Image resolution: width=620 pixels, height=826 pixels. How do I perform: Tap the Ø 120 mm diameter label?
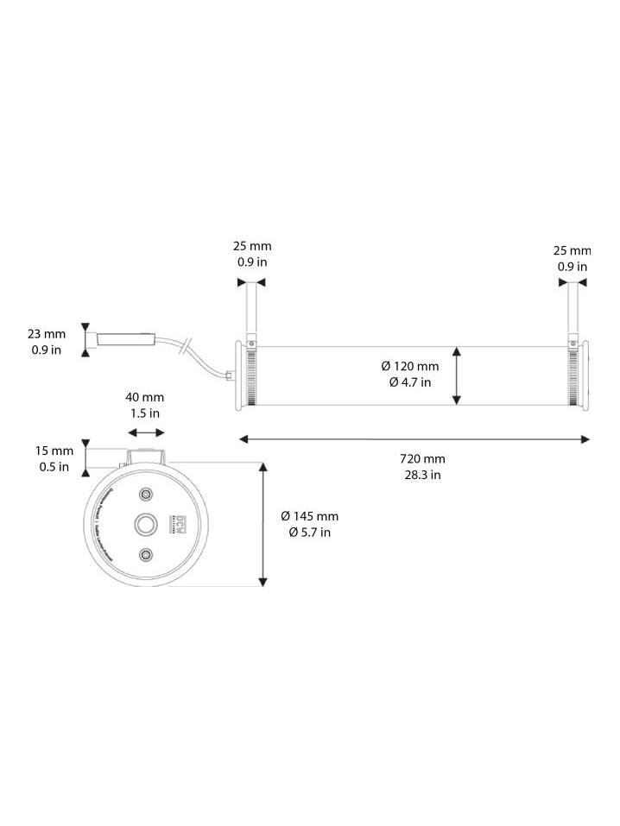tap(409, 366)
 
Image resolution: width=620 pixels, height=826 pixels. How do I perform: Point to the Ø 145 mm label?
tap(309, 516)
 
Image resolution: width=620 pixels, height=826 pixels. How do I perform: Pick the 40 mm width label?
tap(144, 397)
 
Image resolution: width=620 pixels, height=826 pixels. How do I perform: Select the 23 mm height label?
tap(47, 333)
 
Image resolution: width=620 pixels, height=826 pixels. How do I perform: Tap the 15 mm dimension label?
tap(54, 451)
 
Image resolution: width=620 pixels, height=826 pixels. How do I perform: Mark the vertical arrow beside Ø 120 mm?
tap(457, 375)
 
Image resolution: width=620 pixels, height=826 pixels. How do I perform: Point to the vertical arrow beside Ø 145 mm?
tap(263, 524)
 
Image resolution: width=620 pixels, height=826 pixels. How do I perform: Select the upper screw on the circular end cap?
tap(146, 493)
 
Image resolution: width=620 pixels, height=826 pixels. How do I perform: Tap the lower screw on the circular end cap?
tap(146, 554)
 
